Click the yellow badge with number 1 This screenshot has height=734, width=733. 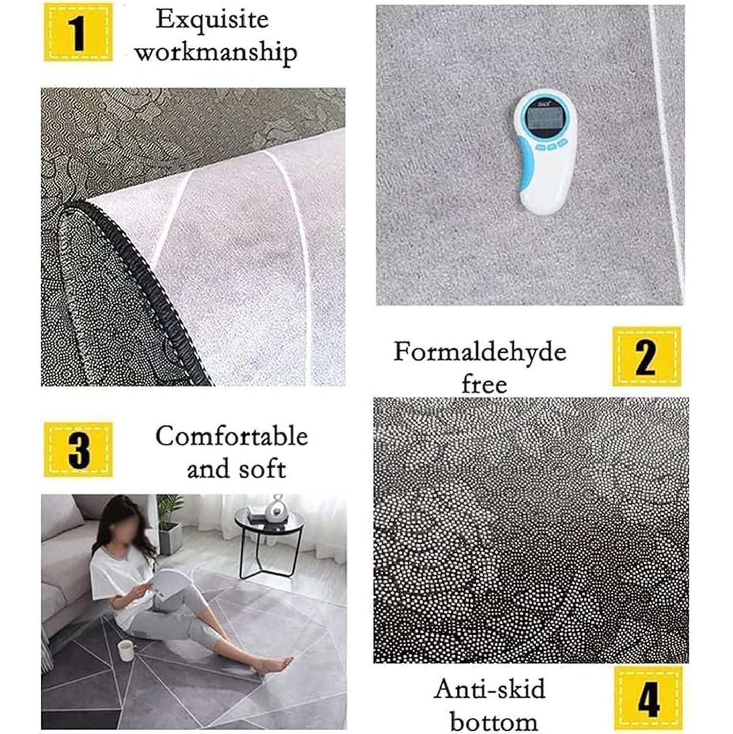coord(78,32)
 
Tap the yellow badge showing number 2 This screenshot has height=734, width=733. coord(647,356)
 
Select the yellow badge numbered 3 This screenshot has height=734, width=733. coord(78,449)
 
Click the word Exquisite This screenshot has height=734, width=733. coord(212,20)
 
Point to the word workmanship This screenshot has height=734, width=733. coord(216,53)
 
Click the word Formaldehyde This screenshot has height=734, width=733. coord(480,352)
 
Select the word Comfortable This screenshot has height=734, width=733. coord(232,436)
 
